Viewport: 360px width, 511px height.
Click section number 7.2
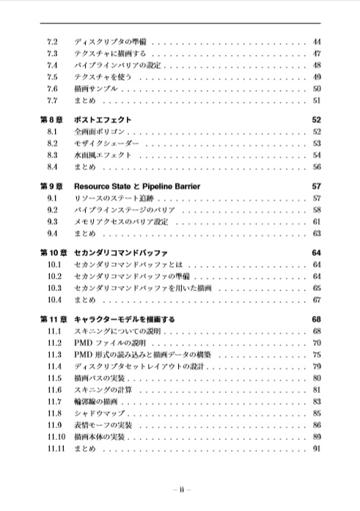[52, 42]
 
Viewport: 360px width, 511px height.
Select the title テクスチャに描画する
[110, 54]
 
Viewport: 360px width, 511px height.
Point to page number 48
[317, 65]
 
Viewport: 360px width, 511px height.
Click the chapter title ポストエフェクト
[103, 120]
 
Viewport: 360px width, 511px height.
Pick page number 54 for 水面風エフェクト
[317, 155]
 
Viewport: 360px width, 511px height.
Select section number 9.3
[52, 221]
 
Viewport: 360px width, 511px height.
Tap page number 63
[317, 233]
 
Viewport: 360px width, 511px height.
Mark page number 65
[317, 288]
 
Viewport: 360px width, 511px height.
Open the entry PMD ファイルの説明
[110, 342]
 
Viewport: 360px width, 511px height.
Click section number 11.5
[54, 378]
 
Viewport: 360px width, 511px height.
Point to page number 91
[317, 449]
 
